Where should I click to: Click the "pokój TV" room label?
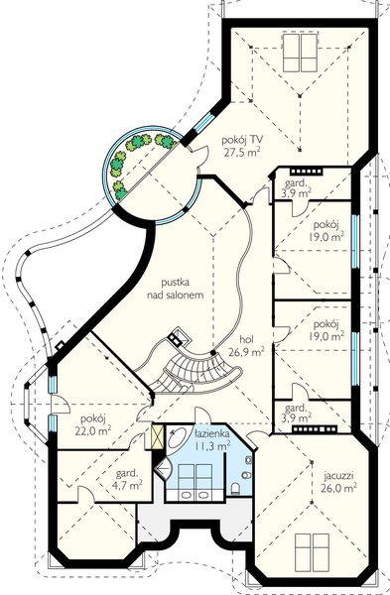click(242, 141)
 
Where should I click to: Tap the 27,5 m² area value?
click(243, 153)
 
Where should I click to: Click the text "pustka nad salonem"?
click(176, 289)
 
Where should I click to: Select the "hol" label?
click(246, 339)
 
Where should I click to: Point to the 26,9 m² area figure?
click(246, 352)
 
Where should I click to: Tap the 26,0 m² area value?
click(339, 488)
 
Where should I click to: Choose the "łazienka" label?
click(212, 433)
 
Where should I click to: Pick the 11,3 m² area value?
click(212, 445)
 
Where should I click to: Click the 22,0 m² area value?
click(93, 430)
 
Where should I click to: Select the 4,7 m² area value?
click(129, 485)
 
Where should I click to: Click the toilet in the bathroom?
click(235, 488)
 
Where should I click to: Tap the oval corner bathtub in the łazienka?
click(178, 441)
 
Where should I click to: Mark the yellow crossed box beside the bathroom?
click(157, 437)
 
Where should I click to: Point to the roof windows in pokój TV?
click(300, 53)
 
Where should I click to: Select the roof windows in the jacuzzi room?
click(313, 551)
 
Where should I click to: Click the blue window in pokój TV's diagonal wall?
click(204, 122)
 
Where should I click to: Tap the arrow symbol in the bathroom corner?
click(163, 469)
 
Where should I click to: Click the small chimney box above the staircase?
click(179, 336)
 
